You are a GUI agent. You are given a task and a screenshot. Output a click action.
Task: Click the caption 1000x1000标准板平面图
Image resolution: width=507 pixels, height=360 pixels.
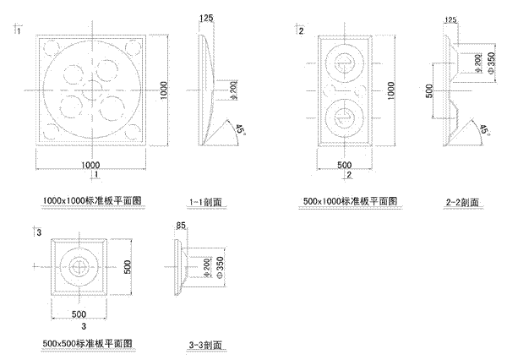coord(95,200)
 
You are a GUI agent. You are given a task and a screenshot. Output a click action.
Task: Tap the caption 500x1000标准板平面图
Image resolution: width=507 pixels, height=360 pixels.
coord(349,200)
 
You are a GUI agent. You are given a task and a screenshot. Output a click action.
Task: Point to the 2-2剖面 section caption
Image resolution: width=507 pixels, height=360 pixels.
coord(462,203)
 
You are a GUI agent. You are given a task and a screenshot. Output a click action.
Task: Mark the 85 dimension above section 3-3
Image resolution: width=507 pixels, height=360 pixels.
coord(180,226)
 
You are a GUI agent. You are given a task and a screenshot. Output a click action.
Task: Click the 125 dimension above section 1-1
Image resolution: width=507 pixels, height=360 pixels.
coord(207,18)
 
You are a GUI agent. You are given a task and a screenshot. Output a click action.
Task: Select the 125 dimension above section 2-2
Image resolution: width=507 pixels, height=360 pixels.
coord(451,18)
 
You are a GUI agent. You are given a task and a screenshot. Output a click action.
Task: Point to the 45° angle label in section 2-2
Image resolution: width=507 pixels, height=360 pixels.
coord(484,129)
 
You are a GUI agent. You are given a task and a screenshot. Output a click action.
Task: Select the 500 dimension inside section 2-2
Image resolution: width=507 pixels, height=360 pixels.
coord(430,90)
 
